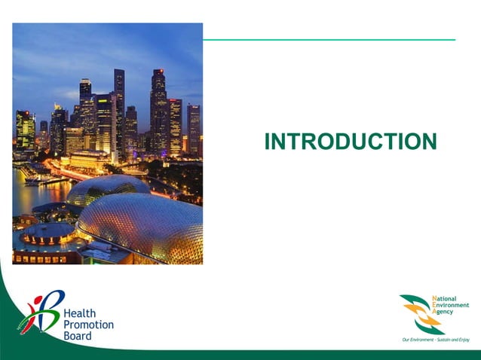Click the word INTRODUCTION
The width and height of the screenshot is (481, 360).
[351, 142]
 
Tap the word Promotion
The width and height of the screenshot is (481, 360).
[89, 325]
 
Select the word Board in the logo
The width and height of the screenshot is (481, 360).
[78, 336]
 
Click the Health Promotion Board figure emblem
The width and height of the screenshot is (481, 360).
[39, 313]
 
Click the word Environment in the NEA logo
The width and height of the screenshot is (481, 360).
[451, 305]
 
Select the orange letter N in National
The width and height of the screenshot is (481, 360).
[434, 299]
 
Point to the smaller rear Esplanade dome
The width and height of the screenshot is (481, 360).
[106, 188]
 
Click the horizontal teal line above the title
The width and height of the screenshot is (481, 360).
[329, 39]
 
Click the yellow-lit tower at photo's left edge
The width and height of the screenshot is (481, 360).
[25, 130]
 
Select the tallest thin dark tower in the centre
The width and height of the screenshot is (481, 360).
[119, 105]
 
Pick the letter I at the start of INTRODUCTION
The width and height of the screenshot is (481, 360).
[268, 142]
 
